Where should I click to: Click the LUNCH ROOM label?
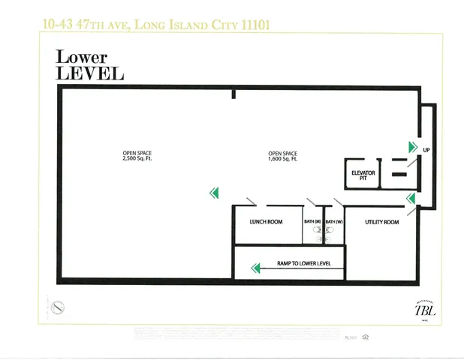[x=266, y=222]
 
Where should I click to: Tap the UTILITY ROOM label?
[x=381, y=222]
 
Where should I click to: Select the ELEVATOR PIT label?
[x=363, y=176]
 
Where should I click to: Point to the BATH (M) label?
[x=313, y=222]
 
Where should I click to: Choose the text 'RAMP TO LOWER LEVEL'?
[x=304, y=264]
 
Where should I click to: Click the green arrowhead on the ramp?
[x=255, y=267]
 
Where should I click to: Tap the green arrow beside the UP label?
[x=412, y=146]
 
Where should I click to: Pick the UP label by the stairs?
[x=426, y=150]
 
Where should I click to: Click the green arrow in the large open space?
[x=214, y=193]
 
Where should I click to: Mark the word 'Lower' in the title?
[x=82, y=58]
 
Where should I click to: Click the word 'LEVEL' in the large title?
[x=89, y=73]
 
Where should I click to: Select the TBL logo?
[x=424, y=310]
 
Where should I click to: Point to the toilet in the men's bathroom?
[x=318, y=230]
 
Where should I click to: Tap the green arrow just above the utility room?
[x=411, y=199]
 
